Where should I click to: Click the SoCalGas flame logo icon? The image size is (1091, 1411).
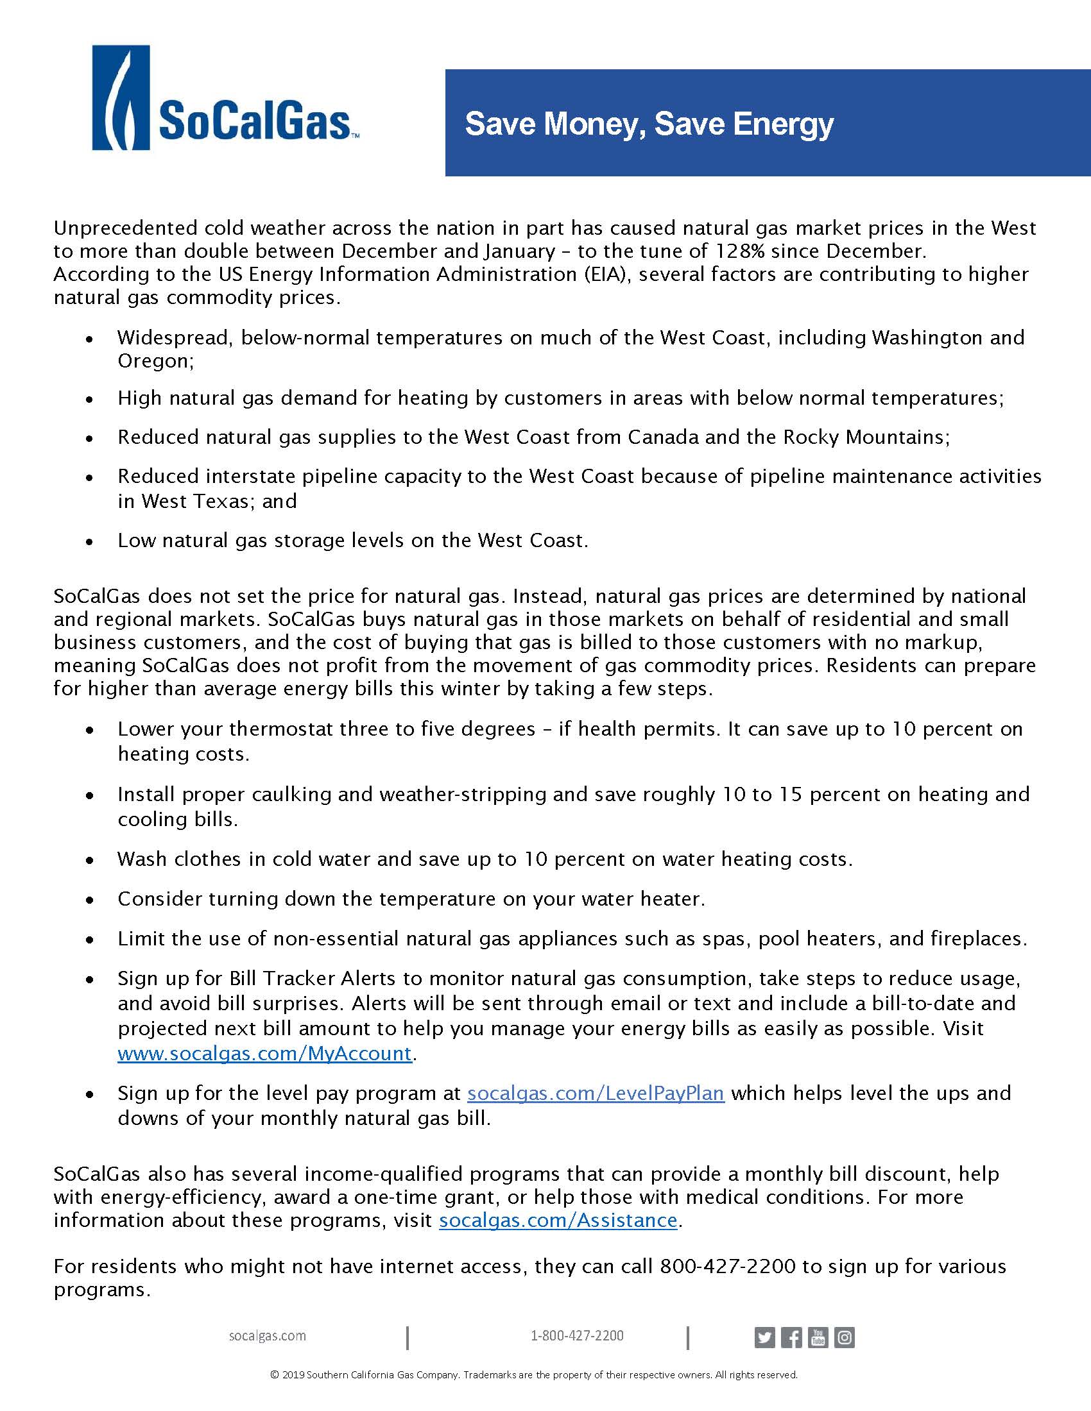tap(121, 97)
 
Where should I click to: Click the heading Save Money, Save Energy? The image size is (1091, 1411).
tap(649, 123)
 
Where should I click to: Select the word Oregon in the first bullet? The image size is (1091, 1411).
tap(155, 360)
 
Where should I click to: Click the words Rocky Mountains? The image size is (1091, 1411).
tap(865, 437)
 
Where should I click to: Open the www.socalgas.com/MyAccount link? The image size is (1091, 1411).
tap(264, 1054)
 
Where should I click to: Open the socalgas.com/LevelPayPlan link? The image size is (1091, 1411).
tap(596, 1093)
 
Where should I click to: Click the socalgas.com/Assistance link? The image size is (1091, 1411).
tap(558, 1220)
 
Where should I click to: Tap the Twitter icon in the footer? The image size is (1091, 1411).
tap(764, 1337)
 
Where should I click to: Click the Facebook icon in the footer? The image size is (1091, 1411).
tap(791, 1337)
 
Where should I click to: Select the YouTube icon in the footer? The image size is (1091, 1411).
tap(818, 1337)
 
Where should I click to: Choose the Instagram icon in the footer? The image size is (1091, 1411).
tap(844, 1337)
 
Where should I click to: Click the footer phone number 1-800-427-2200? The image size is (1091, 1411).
tap(576, 1335)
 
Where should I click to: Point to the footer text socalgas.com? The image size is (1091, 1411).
tap(267, 1335)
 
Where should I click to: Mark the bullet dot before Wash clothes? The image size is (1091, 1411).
tap(90, 860)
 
